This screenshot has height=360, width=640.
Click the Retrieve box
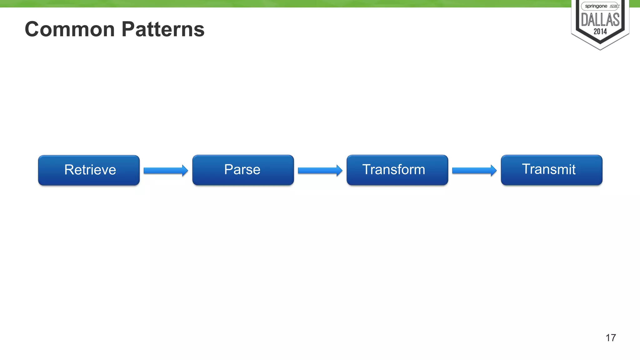coord(89,170)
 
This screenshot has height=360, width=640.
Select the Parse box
coord(243,170)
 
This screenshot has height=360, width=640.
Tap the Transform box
coord(397,170)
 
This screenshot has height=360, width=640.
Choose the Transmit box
coord(551,170)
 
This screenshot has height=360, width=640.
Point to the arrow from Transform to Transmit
coord(474,171)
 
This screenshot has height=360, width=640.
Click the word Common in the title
coord(70,29)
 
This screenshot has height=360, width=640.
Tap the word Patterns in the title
coord(163,29)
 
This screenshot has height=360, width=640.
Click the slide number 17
coord(611,338)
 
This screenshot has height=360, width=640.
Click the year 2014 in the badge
coord(600,32)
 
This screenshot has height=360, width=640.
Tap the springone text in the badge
coord(596,6)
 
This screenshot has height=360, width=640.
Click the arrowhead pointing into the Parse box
coord(185,171)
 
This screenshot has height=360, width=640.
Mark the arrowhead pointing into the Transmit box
coord(494,171)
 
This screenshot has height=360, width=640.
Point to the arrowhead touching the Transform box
coord(339,171)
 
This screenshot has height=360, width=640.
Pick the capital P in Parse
coord(228,169)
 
